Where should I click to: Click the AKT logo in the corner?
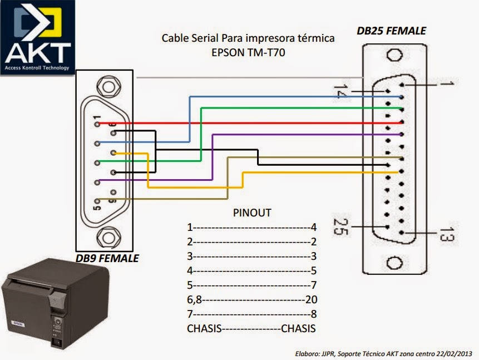(x=37, y=38)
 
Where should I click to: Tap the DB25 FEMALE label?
(x=391, y=31)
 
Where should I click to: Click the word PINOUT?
(x=251, y=213)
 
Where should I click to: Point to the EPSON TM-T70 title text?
(x=248, y=54)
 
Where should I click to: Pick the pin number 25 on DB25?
(x=339, y=226)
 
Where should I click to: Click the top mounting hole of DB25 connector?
(x=395, y=56)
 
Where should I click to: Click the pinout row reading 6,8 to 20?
(x=251, y=299)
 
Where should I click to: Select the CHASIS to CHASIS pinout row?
(x=251, y=328)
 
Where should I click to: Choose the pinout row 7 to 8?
(x=251, y=314)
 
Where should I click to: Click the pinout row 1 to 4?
(x=251, y=228)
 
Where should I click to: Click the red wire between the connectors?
(x=250, y=122)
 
